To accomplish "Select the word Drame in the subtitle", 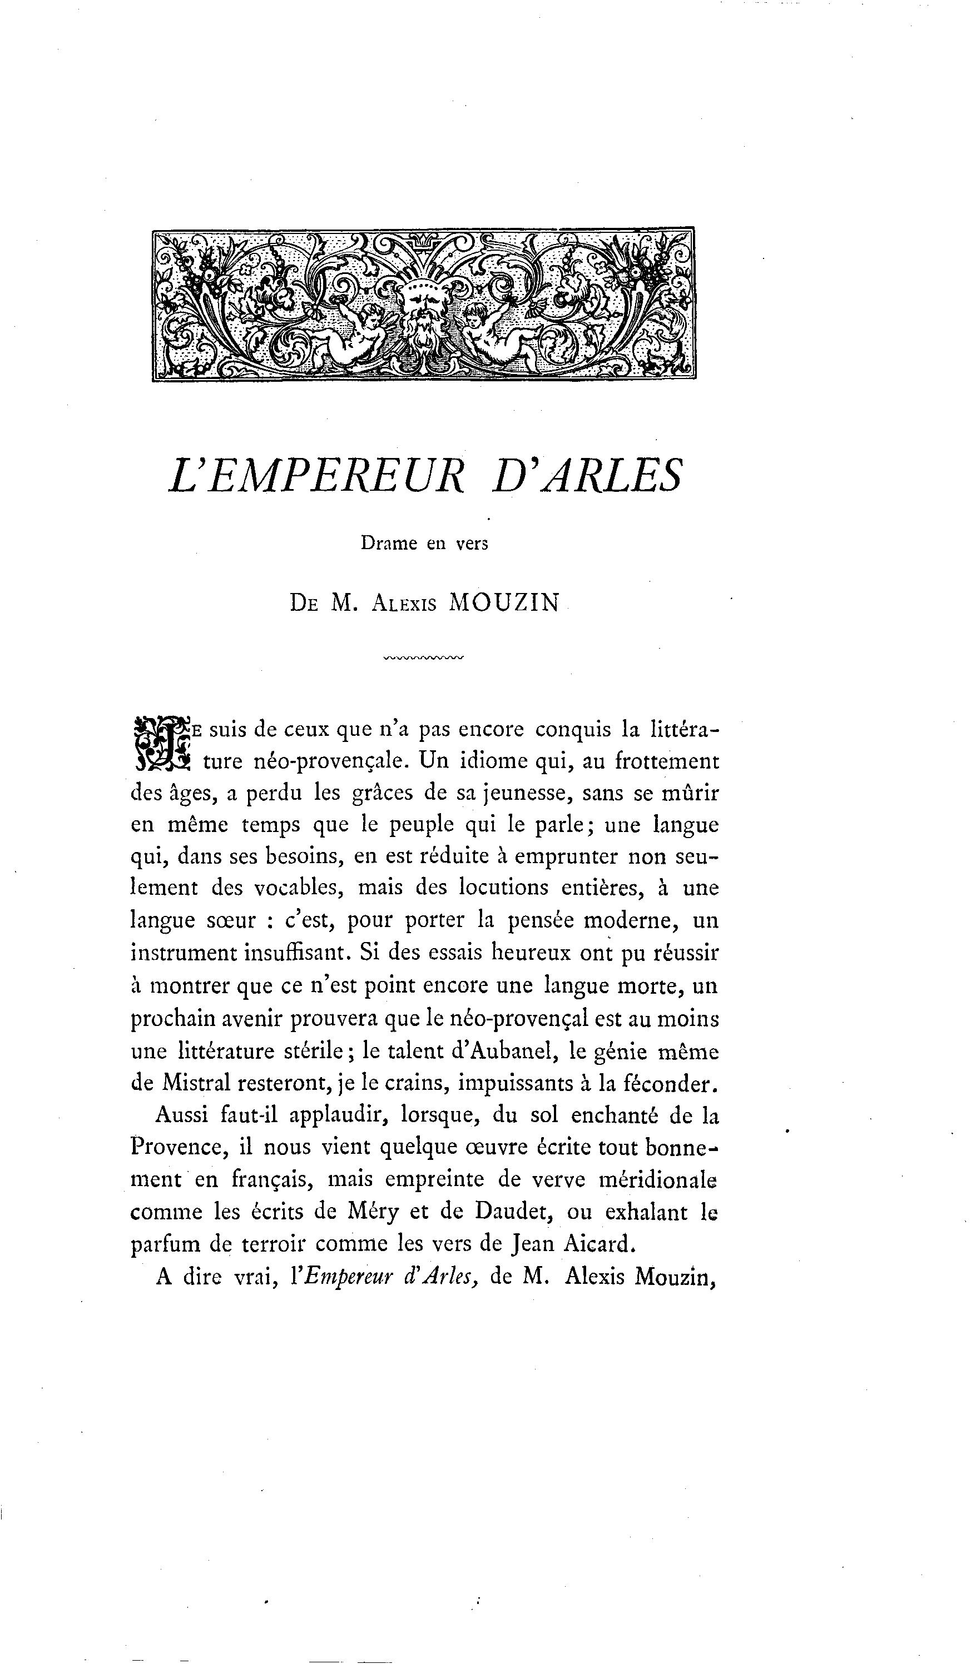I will coord(389,544).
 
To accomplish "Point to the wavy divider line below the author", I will coord(423,657).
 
